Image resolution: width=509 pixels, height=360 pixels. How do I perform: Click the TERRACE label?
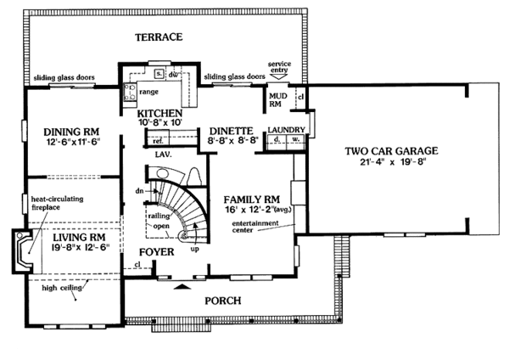click(159, 38)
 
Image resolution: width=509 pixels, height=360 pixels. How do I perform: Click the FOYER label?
click(156, 252)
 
